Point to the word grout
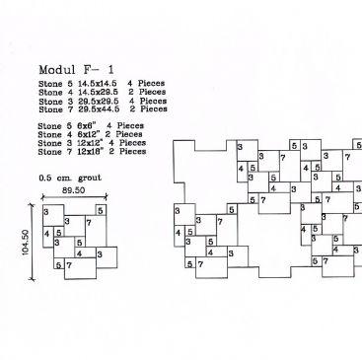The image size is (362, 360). [91, 177]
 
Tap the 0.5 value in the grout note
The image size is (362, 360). [44, 177]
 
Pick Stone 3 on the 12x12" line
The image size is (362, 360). [55, 144]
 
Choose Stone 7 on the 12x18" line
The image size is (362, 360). [55, 152]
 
